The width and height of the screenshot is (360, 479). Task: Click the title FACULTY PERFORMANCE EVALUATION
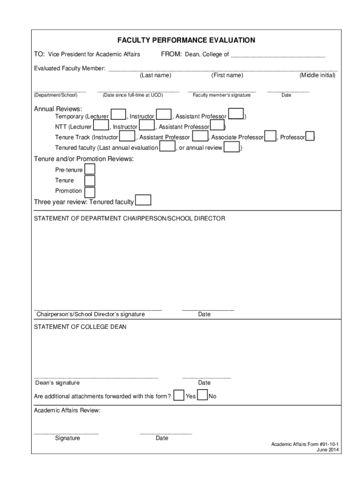pyautogui.click(x=186, y=40)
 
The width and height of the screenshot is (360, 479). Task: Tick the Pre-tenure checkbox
pyautogui.click(x=89, y=169)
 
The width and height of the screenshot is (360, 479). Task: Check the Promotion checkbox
pyautogui.click(x=89, y=191)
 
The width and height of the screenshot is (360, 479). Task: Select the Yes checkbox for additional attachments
pyautogui.click(x=179, y=396)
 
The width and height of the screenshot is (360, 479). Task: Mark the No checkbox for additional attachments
pyautogui.click(x=202, y=396)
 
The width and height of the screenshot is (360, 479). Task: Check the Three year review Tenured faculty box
pyautogui.click(x=143, y=201)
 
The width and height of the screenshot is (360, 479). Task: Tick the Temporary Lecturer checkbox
pyautogui.click(x=118, y=115)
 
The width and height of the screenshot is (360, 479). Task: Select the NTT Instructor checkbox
pyautogui.click(x=147, y=126)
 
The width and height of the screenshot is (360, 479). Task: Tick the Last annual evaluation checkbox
pyautogui.click(x=167, y=147)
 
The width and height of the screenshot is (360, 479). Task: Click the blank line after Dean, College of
pyautogui.click(x=278, y=55)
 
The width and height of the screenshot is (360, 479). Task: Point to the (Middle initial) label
pyautogui.click(x=317, y=75)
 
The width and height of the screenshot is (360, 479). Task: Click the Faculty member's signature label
pyautogui.click(x=221, y=95)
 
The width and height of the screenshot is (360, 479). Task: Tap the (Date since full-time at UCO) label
pyautogui.click(x=132, y=95)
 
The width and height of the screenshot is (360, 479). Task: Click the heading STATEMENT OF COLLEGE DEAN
pyautogui.click(x=80, y=327)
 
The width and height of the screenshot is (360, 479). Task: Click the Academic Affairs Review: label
pyautogui.click(x=67, y=410)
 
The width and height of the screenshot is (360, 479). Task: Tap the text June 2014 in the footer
pyautogui.click(x=327, y=450)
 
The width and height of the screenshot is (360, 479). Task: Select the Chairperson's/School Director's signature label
pyautogui.click(x=91, y=314)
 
